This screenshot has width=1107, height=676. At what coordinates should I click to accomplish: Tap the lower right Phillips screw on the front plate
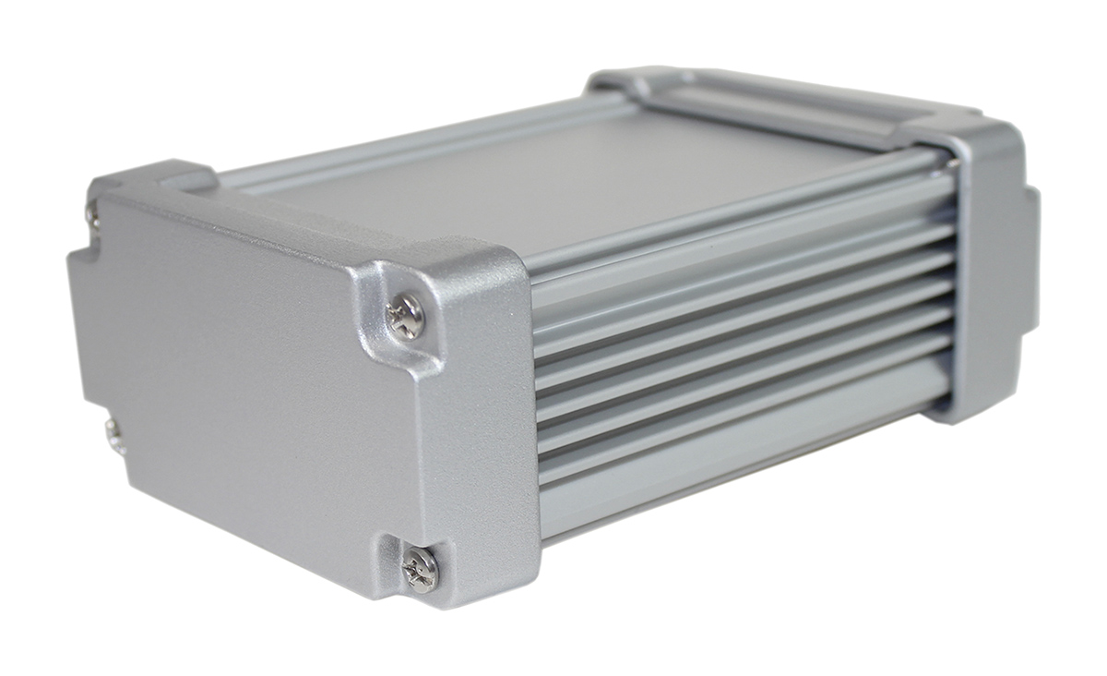pos(421,568)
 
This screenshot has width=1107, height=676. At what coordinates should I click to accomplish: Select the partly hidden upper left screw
pos(92,214)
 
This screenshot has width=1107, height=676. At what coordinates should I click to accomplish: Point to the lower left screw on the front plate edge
pos(114,434)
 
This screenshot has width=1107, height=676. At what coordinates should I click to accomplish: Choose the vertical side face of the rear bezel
pos(987,277)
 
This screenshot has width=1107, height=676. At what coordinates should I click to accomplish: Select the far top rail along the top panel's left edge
pos(415,143)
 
